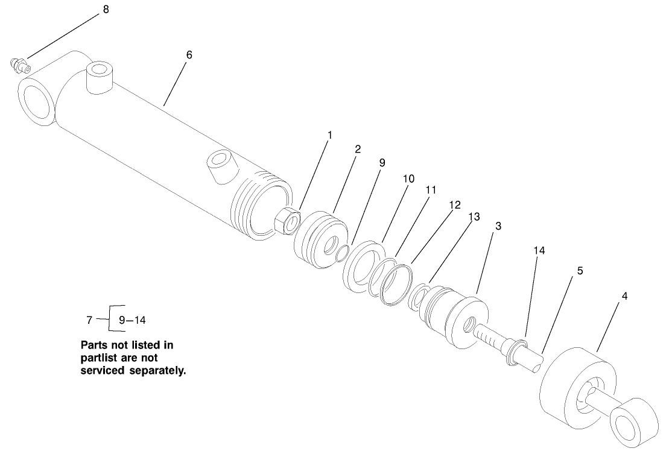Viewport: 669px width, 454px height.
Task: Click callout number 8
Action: point(106,10)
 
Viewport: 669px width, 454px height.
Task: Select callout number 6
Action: point(189,55)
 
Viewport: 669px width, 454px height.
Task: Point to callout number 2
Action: point(358,149)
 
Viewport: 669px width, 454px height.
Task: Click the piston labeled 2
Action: point(321,241)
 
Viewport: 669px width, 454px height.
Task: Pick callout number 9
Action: point(382,163)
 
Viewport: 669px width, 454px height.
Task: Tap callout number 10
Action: point(409,178)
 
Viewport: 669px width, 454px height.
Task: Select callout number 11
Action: point(430,189)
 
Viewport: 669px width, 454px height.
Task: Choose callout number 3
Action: point(498,226)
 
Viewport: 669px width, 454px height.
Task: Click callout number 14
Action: point(539,250)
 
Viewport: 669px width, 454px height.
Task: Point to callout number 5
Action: point(580,271)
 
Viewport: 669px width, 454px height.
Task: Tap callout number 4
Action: point(624,296)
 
